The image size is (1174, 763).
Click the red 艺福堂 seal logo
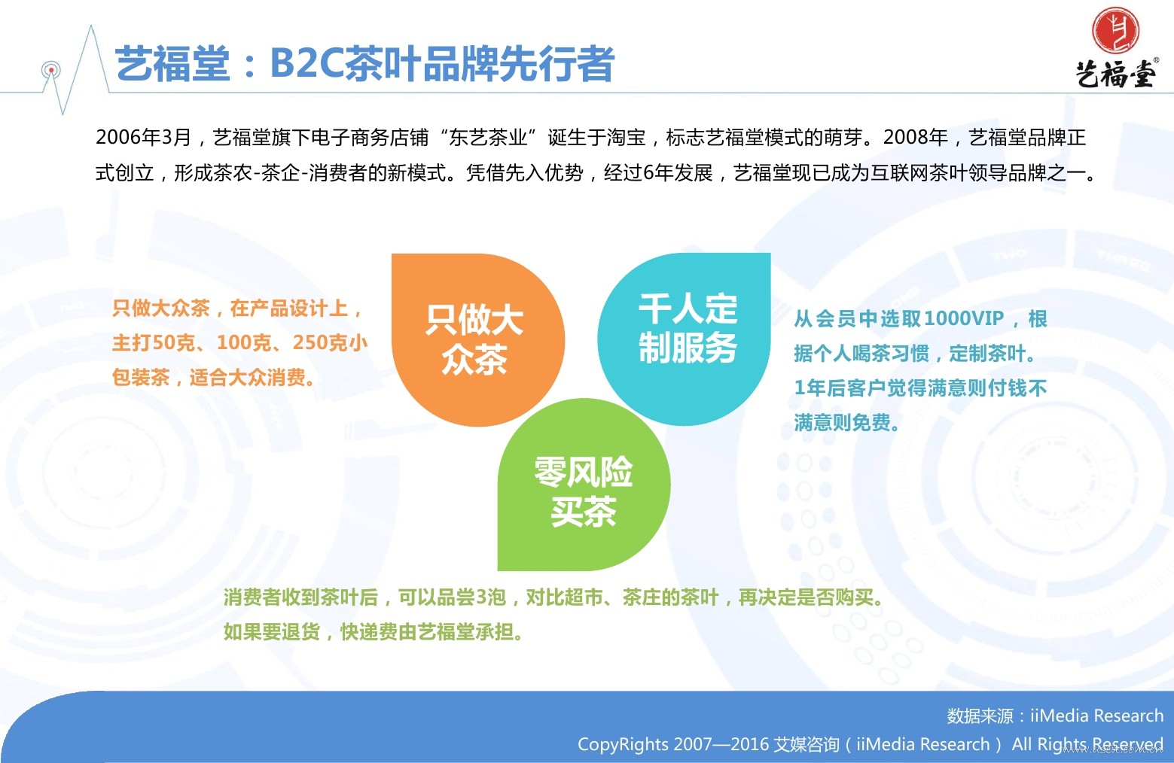[x=1115, y=30]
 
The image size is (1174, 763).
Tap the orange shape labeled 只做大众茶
[x=477, y=340]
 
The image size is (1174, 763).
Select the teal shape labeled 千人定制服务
[x=685, y=339]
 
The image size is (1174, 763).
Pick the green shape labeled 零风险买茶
[x=584, y=485]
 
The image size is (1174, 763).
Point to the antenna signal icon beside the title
[x=51, y=71]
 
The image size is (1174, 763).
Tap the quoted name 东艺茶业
[x=487, y=137]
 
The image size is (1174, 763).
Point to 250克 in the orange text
[x=320, y=342]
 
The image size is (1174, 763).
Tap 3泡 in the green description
[x=490, y=597]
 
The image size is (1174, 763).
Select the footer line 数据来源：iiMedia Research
[x=1054, y=716]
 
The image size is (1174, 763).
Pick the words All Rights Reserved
[x=1087, y=744]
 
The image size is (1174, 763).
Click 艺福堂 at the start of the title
[x=172, y=64]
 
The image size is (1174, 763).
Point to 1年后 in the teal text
[x=822, y=388]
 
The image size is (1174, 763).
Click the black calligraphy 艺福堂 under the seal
[x=1116, y=74]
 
